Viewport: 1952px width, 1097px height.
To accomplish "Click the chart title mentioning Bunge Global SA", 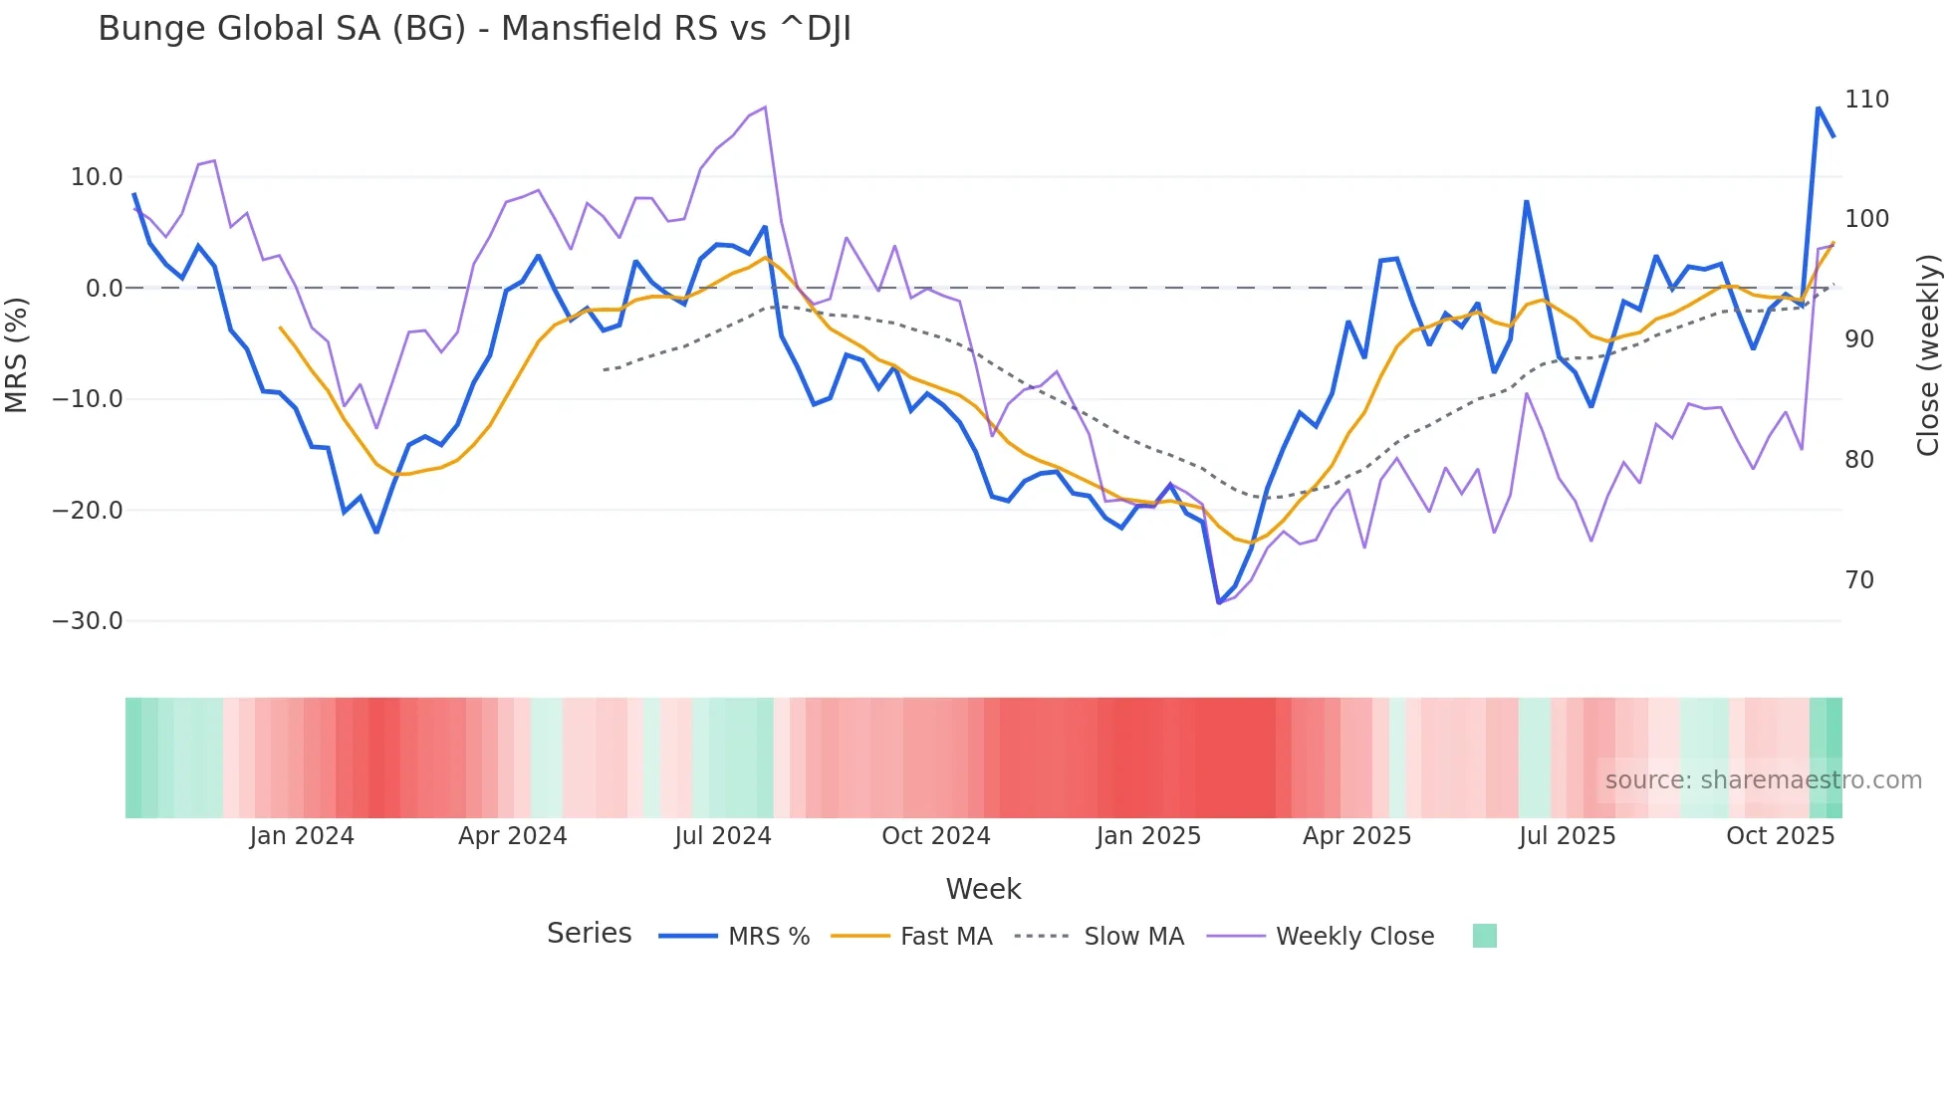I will coord(474,29).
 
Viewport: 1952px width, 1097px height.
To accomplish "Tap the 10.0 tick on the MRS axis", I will coord(97,177).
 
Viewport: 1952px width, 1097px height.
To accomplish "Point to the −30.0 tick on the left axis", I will coord(88,621).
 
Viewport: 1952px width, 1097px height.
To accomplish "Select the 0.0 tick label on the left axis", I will coord(104,289).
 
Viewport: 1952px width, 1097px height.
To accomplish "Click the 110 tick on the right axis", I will coord(1866,100).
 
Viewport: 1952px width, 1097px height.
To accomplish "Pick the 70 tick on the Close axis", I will coord(1859,580).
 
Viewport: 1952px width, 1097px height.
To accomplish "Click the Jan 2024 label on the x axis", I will coord(302,836).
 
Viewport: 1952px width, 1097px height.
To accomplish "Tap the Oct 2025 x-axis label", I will coord(1780,836).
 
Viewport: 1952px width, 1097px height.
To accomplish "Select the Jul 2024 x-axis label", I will coord(723,836).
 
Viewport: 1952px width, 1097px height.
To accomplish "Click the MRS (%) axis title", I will coord(17,355).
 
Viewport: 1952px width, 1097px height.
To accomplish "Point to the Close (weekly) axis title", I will coord(1928,355).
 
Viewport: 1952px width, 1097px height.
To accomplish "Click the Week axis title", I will coord(983,889).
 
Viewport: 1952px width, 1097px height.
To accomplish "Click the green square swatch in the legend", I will coord(1484,937).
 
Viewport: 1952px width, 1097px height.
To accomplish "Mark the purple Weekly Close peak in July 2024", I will coord(765,108).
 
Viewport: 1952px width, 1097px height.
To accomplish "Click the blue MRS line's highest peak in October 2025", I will coord(1819,108).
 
